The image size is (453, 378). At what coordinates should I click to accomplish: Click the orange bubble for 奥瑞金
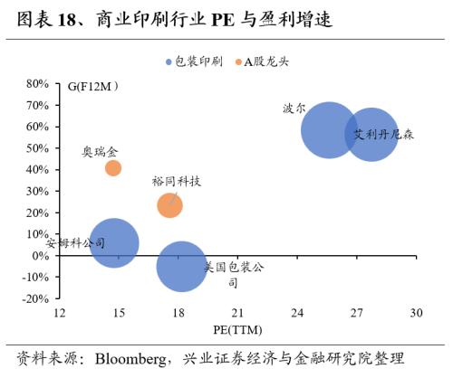[x=113, y=167]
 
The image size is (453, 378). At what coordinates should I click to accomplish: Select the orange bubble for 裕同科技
[x=169, y=204]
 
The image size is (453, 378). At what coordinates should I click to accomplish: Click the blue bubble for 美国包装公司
[x=182, y=266]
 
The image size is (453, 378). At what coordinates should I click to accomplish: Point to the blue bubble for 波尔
[x=329, y=130]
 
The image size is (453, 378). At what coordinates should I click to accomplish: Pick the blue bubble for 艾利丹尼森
[x=371, y=134]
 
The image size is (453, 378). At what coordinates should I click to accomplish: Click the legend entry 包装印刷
[x=192, y=62]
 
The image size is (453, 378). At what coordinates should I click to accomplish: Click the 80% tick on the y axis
[x=35, y=83]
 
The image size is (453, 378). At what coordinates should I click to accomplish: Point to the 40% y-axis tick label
[x=35, y=169]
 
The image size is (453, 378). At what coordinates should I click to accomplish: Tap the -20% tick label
[x=34, y=298]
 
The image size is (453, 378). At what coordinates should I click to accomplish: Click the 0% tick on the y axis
[x=39, y=256]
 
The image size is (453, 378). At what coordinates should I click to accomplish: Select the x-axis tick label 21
[x=238, y=312]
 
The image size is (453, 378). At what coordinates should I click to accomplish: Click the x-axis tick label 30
[x=416, y=312]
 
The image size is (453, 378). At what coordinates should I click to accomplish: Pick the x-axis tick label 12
[x=60, y=312]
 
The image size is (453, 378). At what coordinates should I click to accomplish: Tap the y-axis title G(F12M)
[x=94, y=87]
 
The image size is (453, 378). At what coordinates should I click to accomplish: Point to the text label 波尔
[x=294, y=108]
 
